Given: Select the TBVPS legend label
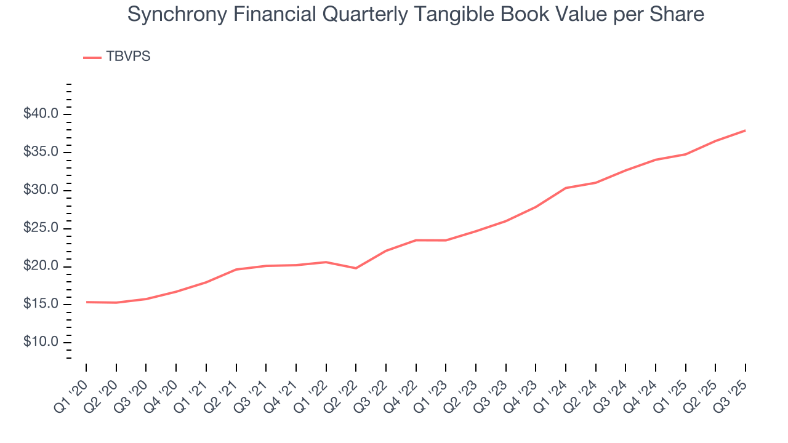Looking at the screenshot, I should [128, 57].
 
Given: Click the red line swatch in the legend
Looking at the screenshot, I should [92, 57].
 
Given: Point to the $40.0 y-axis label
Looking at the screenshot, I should [41, 114].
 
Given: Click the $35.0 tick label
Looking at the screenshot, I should [41, 152].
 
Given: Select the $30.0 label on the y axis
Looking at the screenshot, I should [41, 190].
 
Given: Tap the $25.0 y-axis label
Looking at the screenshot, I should [41, 228].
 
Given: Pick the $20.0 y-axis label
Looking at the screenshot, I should [41, 266].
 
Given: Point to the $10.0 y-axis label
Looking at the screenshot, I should [41, 342].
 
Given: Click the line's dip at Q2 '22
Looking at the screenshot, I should [356, 268].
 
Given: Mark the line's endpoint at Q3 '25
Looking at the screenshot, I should [746, 130].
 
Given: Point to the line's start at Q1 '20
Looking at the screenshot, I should [86, 302].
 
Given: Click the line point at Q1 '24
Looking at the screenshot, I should [565, 188].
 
